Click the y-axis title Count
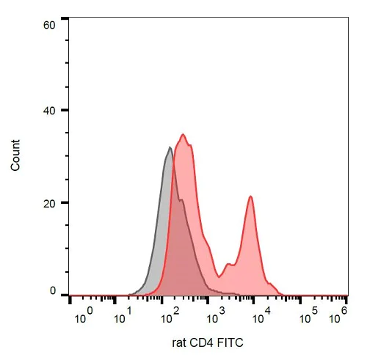click(15, 156)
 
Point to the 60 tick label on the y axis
click(51, 25)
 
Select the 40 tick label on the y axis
click(51, 111)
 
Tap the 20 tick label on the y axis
click(51, 203)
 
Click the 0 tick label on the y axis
click(54, 292)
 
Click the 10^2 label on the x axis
click(170, 317)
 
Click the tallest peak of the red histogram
click(183, 135)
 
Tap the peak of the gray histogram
click(170, 148)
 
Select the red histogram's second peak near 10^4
click(251, 196)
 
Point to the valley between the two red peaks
click(223, 268)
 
